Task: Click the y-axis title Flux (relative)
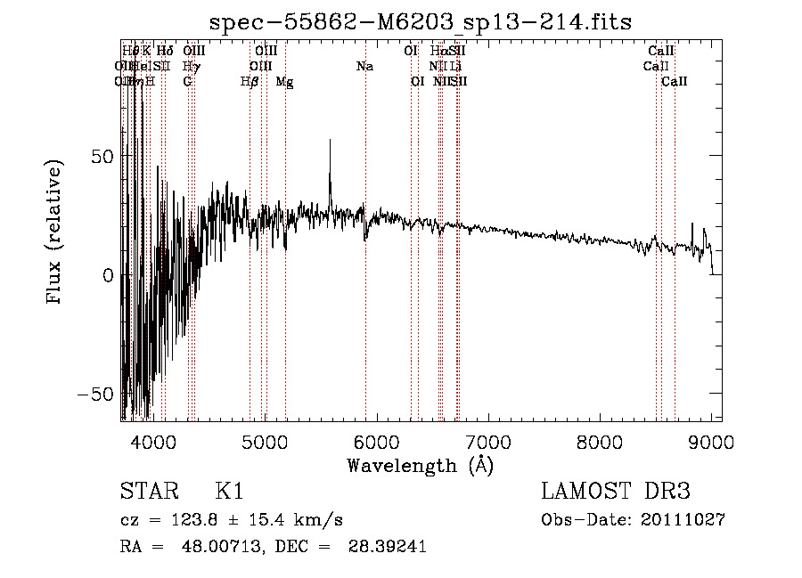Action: point(55,232)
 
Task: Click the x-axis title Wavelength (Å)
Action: point(420,465)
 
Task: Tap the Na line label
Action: point(364,67)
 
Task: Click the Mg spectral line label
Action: point(285,82)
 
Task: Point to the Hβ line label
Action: point(250,82)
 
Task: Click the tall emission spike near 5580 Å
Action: point(331,142)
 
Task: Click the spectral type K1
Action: point(228,492)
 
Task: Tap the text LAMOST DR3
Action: point(615,492)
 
